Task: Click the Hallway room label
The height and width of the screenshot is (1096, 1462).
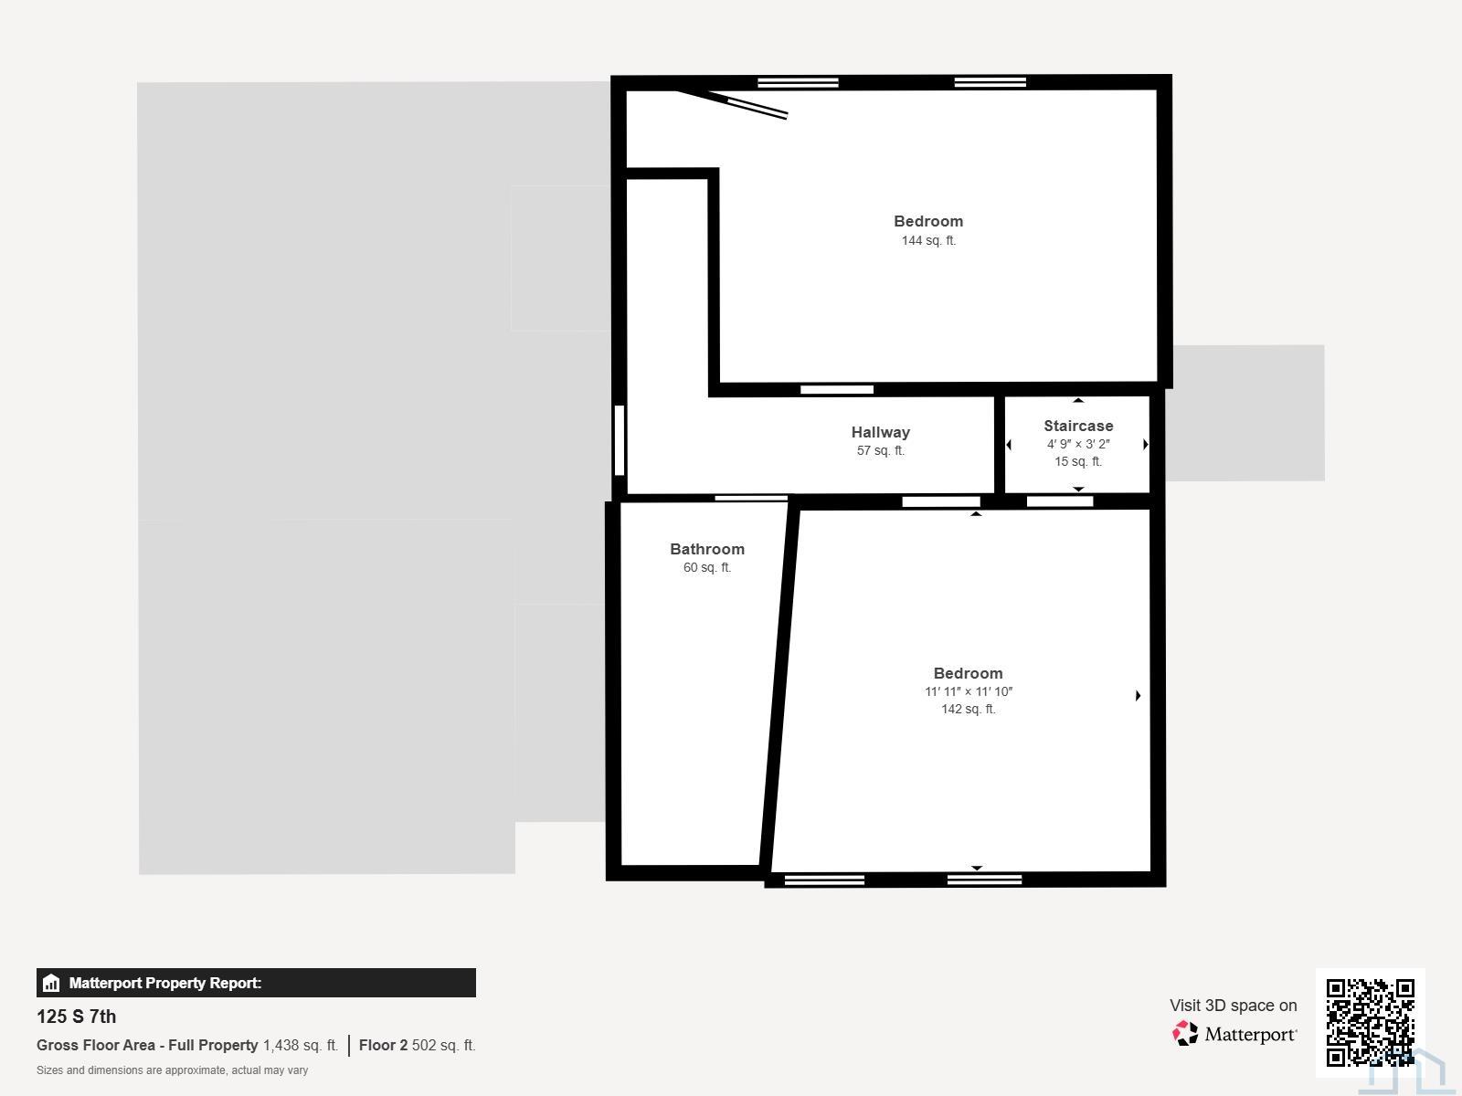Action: click(880, 432)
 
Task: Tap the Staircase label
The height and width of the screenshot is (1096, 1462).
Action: click(1077, 426)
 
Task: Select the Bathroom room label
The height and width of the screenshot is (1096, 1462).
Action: click(706, 549)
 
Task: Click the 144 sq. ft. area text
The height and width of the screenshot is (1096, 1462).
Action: click(928, 240)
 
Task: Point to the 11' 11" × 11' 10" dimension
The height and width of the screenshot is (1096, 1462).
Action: click(969, 691)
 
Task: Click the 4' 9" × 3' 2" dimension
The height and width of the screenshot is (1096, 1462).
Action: click(1077, 444)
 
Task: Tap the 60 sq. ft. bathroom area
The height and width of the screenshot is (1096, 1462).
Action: click(706, 567)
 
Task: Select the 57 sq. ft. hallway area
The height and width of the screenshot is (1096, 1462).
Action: click(880, 450)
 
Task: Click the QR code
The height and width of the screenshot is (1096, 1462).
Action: click(1370, 1022)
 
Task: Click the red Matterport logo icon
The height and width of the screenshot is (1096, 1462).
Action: click(1184, 1034)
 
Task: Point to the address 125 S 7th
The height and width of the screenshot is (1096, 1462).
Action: click(76, 1017)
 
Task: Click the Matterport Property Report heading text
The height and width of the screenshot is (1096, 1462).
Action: click(165, 983)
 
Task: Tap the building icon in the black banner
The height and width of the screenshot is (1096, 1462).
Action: click(51, 983)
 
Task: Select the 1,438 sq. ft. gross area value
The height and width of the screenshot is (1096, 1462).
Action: click(301, 1046)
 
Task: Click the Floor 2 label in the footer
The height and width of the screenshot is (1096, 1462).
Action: click(383, 1046)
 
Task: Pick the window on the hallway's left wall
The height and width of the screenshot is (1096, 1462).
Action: click(620, 440)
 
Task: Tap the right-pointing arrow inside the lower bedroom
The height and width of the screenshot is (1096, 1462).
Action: click(1138, 695)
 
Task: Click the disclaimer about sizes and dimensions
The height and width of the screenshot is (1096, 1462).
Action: click(172, 1070)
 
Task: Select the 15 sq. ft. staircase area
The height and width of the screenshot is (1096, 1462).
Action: click(1077, 461)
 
